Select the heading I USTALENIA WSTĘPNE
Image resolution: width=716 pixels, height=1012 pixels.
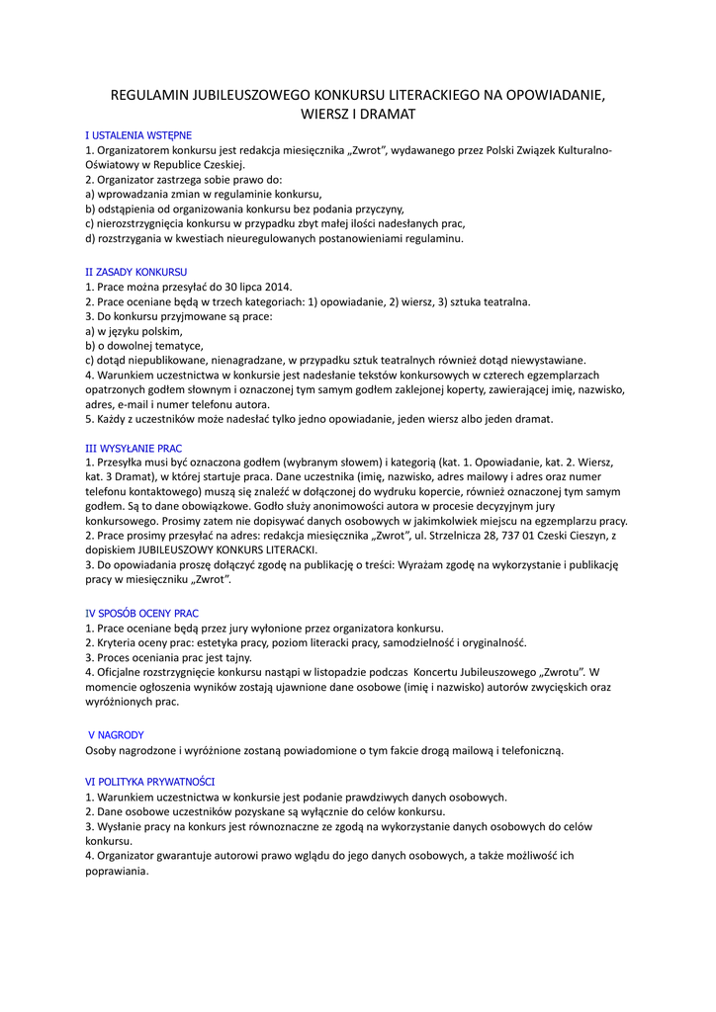coord(138,134)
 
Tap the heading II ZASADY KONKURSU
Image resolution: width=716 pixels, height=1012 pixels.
coord(136,271)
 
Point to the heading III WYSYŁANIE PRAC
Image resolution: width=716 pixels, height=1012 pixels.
coord(134,448)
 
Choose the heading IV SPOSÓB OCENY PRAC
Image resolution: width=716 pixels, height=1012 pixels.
coord(141,613)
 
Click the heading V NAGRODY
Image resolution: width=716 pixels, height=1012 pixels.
coord(117,734)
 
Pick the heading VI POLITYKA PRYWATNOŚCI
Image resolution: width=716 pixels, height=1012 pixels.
coord(149,781)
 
